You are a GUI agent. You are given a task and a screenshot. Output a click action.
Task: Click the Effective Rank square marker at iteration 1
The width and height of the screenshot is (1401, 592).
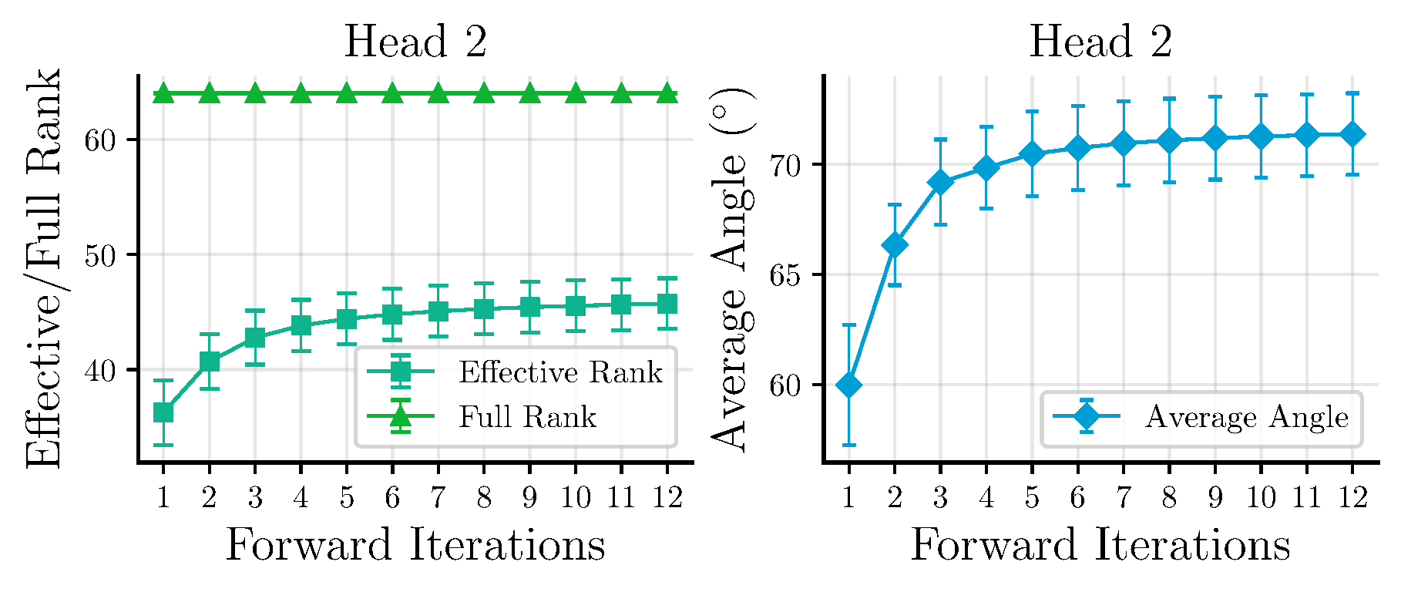pos(163,412)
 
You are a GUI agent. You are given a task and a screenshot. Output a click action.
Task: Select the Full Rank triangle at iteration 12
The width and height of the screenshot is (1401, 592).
pos(667,94)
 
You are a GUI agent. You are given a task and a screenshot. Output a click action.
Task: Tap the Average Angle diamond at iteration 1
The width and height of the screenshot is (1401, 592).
pos(848,385)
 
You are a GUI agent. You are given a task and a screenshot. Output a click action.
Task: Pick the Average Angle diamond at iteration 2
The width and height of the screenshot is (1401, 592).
pos(895,245)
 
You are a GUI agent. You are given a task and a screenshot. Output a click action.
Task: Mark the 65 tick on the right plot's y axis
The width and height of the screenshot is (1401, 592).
pos(785,275)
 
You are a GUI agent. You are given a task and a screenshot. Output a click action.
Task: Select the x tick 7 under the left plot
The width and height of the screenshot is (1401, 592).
pos(438,498)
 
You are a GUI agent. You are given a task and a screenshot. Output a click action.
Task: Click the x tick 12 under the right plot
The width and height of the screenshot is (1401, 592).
pos(1352,498)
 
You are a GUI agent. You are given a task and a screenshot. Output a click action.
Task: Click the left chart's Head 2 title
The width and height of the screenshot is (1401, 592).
pos(415,42)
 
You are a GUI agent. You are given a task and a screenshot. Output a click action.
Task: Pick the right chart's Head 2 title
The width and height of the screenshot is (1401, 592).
pos(1100,42)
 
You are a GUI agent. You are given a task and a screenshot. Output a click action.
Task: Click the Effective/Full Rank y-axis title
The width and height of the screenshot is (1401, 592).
pos(43,268)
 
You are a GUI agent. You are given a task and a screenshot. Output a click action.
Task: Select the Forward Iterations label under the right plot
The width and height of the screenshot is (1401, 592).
pos(1100,545)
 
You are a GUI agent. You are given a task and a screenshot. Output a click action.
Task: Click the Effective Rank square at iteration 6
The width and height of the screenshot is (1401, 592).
pos(392,314)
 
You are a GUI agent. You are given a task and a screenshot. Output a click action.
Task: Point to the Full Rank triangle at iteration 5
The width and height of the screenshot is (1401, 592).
pos(346,94)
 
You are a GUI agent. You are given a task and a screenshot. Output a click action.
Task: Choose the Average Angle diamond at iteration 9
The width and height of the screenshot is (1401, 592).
pos(1215,138)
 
